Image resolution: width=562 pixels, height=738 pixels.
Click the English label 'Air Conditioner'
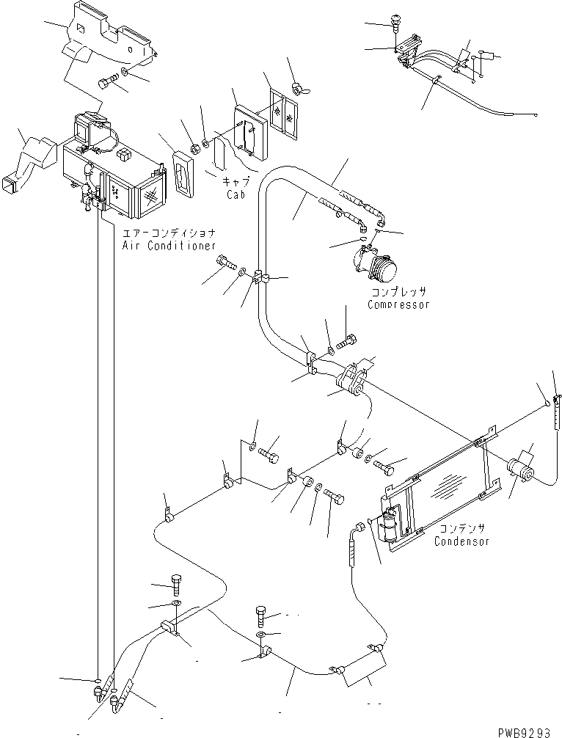point(169,246)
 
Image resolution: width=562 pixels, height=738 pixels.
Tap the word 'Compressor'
point(398,305)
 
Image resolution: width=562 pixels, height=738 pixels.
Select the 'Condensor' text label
point(461,542)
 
